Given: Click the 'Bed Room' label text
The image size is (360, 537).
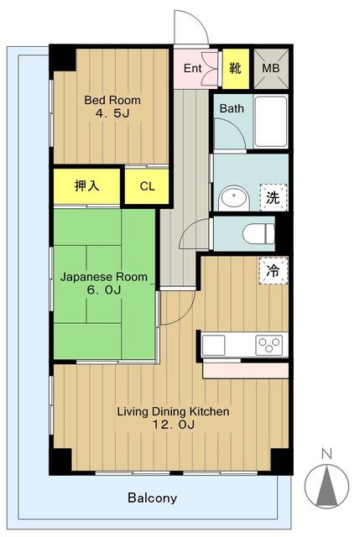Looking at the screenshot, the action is [x=112, y=101].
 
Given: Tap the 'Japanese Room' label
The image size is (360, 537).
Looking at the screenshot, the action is [x=104, y=277].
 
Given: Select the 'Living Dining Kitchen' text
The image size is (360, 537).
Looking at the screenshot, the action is [x=174, y=411].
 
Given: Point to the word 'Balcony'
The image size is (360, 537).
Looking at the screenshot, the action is [x=153, y=498].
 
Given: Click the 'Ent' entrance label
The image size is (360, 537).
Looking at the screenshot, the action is [x=192, y=68].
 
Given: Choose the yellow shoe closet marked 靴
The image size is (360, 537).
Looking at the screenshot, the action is [x=236, y=68].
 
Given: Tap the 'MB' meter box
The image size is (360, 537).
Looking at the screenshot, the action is [x=271, y=69].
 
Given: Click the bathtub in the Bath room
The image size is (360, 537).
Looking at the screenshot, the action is [x=271, y=121].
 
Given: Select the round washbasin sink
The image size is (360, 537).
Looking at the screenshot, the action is [x=233, y=198].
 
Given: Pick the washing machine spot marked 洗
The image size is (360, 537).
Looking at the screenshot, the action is [x=273, y=197].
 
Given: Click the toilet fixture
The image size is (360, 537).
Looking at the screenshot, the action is [x=258, y=233].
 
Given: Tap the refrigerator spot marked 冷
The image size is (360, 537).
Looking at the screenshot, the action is [x=273, y=271].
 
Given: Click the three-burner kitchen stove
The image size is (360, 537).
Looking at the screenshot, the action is [x=269, y=345].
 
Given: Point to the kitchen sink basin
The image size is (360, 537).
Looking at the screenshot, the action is [x=213, y=345].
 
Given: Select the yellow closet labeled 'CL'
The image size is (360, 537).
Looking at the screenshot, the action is [x=147, y=186].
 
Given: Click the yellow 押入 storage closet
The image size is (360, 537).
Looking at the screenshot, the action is [x=86, y=186].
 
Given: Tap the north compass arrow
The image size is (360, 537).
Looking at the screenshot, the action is [x=326, y=485].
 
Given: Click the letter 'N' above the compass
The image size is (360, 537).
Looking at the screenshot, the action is [x=326, y=455].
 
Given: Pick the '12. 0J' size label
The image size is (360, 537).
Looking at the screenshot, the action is [x=174, y=425].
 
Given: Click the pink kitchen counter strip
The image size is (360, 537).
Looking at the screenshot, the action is [x=245, y=371].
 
